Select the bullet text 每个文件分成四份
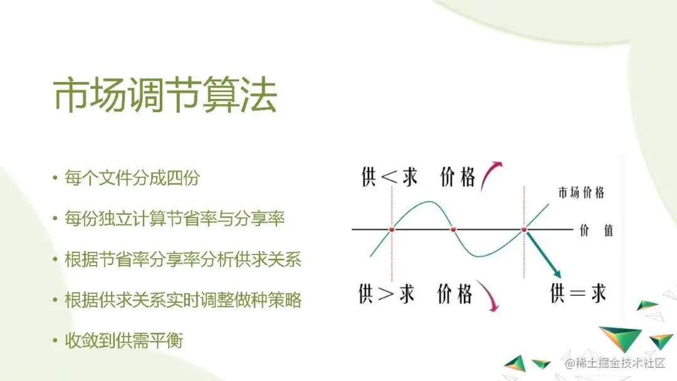(x=132, y=179)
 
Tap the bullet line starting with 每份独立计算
(x=175, y=219)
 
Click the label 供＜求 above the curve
(x=389, y=177)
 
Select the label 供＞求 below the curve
(x=387, y=293)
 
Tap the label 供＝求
(x=578, y=293)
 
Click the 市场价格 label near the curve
(x=581, y=193)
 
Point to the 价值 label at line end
(x=596, y=230)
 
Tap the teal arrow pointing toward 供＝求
(x=543, y=254)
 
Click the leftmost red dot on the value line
(x=392, y=230)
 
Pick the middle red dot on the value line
(x=454, y=230)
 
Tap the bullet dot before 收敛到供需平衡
(x=55, y=342)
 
